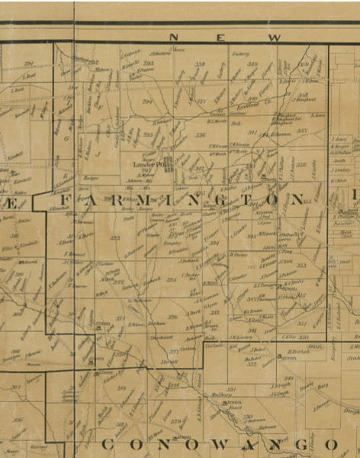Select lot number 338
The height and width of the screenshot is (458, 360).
(x=201, y=64)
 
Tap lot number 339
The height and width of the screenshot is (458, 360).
(x=252, y=64)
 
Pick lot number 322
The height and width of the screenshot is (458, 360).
(x=120, y=281)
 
